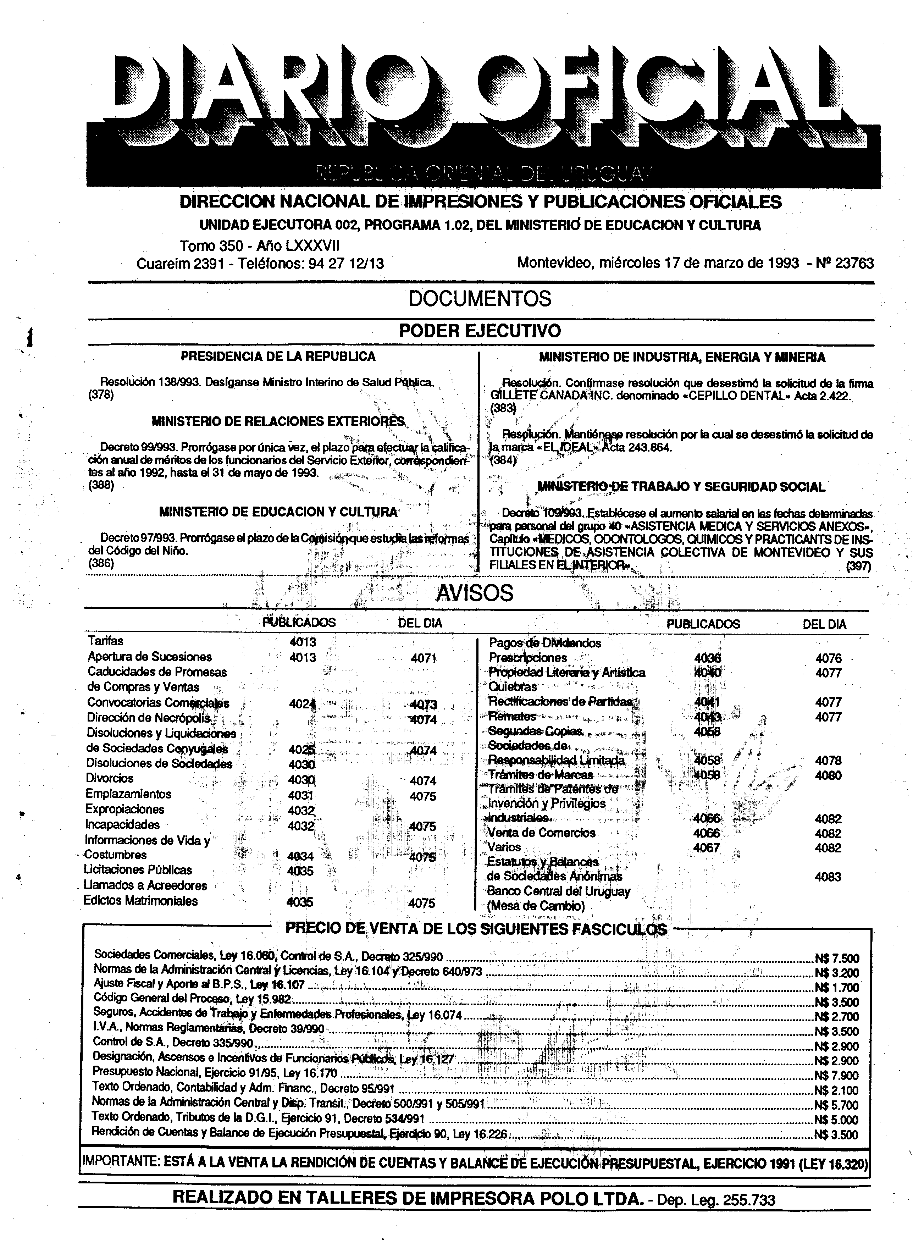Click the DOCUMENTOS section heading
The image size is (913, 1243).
tap(480, 299)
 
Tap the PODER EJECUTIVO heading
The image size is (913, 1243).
tap(480, 331)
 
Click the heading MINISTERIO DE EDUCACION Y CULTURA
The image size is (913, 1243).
tap(278, 512)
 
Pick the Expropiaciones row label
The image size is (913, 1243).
tap(124, 809)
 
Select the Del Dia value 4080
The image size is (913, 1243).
tap(828, 775)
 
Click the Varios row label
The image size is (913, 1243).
tap(504, 847)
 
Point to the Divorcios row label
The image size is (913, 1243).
tap(110, 778)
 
